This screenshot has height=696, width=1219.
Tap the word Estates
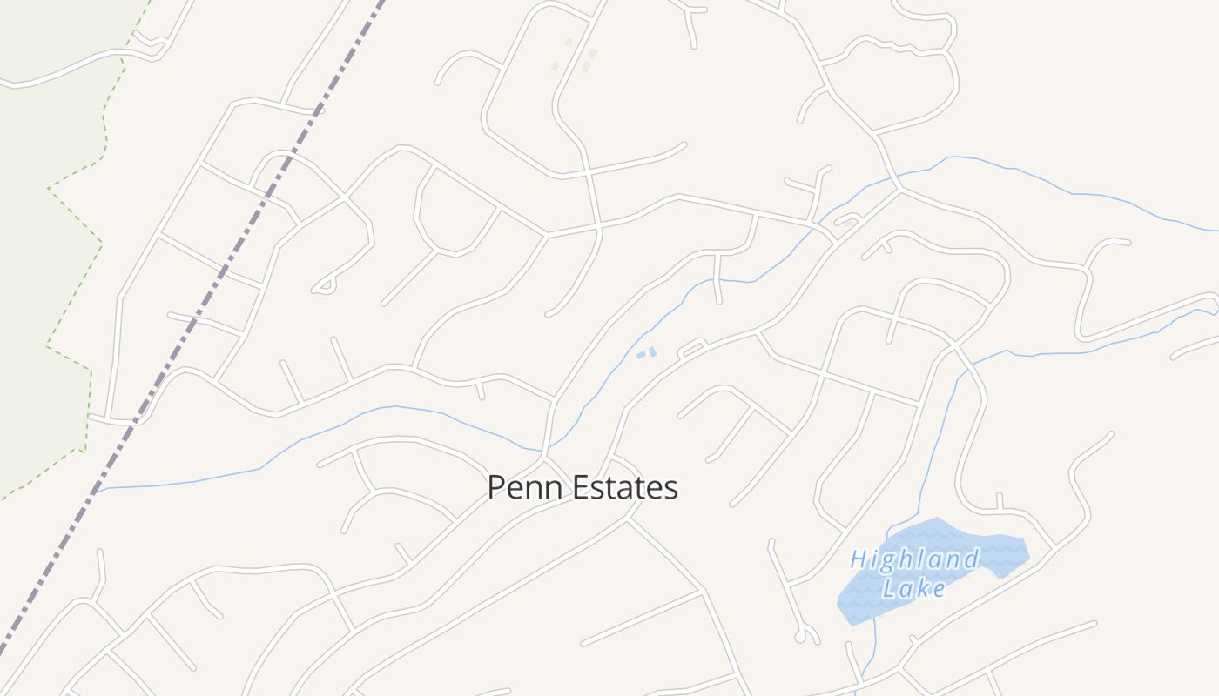click(622, 487)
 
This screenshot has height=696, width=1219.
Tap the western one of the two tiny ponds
click(642, 354)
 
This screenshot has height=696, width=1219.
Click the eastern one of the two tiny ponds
click(652, 351)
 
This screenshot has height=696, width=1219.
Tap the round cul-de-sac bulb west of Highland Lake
click(800, 638)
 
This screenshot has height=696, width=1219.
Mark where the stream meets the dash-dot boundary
click(95, 492)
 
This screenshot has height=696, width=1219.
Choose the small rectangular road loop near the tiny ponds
click(692, 349)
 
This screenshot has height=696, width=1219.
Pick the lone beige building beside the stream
click(848, 224)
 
